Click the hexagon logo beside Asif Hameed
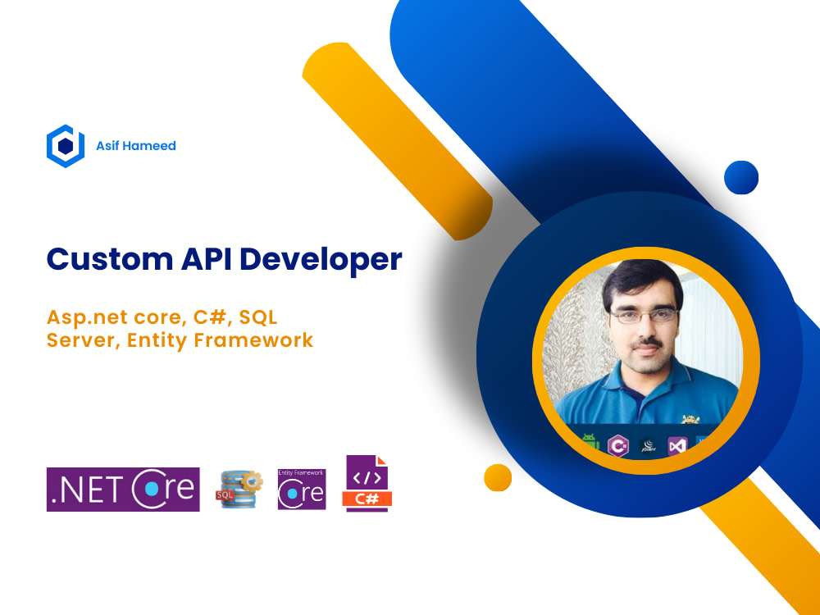(x=66, y=146)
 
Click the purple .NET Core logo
(x=123, y=490)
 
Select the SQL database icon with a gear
(x=239, y=490)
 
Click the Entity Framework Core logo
(x=302, y=490)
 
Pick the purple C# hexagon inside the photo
(x=617, y=446)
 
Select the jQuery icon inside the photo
(x=648, y=446)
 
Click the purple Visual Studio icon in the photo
(x=676, y=445)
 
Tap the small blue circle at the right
(x=741, y=177)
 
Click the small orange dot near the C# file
(x=498, y=477)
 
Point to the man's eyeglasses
(x=640, y=317)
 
